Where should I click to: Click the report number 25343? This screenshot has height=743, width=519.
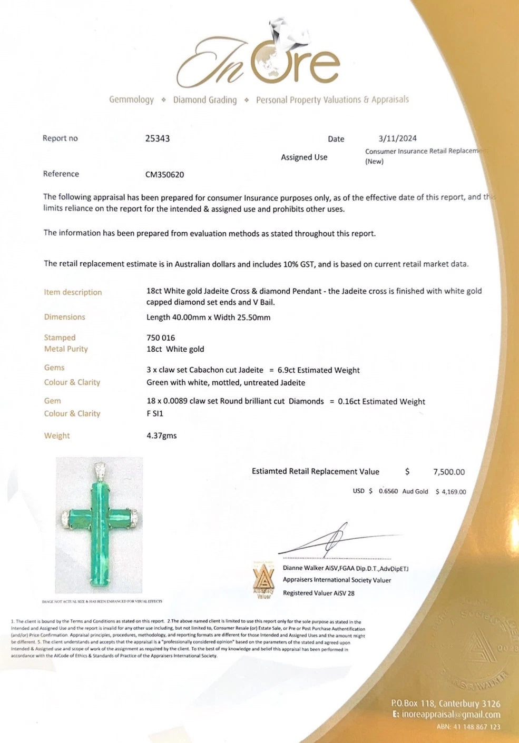point(157,138)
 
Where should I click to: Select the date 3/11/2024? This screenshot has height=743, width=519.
point(397,138)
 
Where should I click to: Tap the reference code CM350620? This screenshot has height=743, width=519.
point(164,174)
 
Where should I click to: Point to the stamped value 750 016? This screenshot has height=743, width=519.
point(161,338)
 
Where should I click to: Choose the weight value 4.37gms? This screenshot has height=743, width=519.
point(161,435)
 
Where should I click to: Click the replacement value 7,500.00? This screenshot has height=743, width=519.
point(449,472)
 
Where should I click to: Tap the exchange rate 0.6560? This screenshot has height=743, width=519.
point(388,491)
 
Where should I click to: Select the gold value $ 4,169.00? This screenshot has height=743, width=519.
point(451,492)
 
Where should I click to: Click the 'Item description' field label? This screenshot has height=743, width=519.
point(73,292)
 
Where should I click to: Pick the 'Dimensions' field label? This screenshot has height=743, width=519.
point(64,317)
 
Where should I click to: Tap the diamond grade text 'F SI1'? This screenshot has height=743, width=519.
point(155,413)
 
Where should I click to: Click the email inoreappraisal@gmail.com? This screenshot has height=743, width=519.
point(451,715)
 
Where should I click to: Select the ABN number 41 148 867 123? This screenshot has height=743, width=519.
point(468,727)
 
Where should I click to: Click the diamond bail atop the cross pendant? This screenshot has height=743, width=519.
point(100,470)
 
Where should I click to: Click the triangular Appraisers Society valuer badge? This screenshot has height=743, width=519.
point(264,579)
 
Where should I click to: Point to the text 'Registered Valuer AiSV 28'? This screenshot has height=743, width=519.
point(318,593)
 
